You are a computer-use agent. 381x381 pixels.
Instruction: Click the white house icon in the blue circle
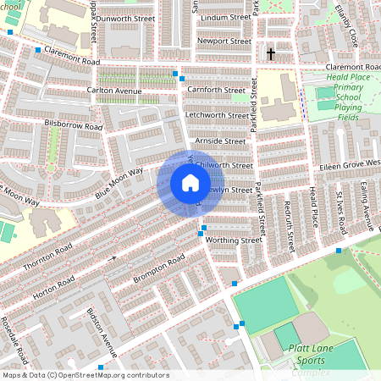tap(190, 183)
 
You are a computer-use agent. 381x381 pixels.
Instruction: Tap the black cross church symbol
tap(271, 54)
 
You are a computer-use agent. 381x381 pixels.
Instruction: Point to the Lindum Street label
tap(224, 17)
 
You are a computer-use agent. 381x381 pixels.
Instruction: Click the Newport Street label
tap(224, 41)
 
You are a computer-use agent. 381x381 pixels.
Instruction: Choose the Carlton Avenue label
tap(113, 89)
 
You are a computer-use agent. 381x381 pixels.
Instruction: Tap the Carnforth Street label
tap(218, 89)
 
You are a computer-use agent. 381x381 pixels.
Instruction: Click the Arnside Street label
tap(219, 141)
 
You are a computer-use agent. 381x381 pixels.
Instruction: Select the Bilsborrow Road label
tap(73, 126)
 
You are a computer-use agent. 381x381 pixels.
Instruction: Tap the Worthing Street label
tap(234, 240)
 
